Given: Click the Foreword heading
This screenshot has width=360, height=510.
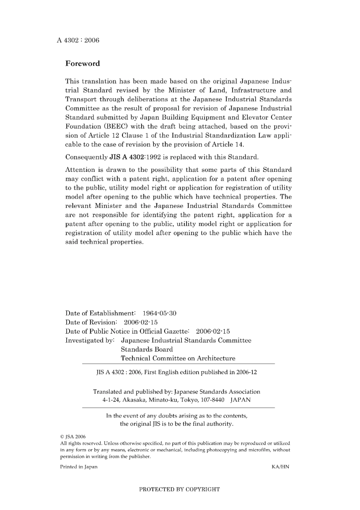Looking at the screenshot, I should pyautogui.click(x=83, y=64).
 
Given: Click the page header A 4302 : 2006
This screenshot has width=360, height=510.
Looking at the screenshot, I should pyautogui.click(x=78, y=40).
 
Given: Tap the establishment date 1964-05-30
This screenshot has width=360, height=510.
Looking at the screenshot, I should pyautogui.click(x=159, y=313).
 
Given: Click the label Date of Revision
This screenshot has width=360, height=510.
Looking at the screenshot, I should pyautogui.click(x=91, y=322).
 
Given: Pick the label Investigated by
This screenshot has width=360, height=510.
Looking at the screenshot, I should pyautogui.click(x=90, y=340).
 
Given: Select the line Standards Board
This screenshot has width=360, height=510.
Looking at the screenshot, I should pyautogui.click(x=147, y=349).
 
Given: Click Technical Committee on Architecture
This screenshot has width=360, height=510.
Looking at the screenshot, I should pyautogui.click(x=178, y=358).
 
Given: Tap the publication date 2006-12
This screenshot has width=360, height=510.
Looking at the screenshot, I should pyautogui.click(x=247, y=372).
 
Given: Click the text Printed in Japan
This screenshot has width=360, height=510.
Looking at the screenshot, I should pyautogui.click(x=78, y=467).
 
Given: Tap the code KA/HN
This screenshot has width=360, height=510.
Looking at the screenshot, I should pyautogui.click(x=280, y=467).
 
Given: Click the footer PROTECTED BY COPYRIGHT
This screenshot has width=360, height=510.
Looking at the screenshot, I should pyautogui.click(x=179, y=489).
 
